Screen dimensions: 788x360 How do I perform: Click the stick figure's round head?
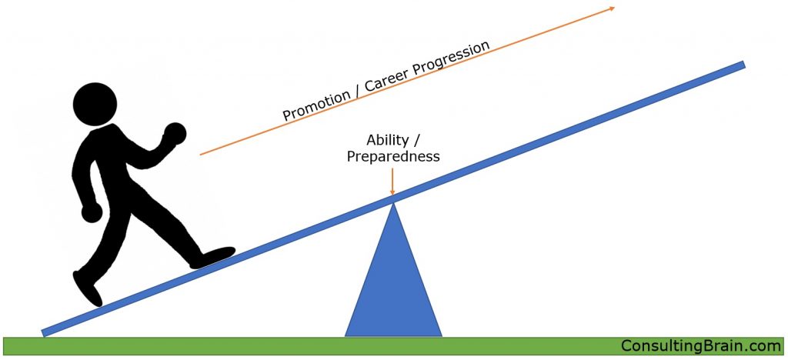95,105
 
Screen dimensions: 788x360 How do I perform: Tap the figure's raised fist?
175,134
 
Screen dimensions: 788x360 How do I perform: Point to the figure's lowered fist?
92,213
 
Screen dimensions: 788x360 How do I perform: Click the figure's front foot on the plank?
213,257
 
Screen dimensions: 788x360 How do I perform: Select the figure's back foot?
88,288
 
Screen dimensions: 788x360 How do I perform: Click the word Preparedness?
393,157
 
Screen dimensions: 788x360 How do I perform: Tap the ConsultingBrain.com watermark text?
700,346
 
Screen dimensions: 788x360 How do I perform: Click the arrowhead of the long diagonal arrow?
612,8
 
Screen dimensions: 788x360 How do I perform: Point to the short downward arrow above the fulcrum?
392,182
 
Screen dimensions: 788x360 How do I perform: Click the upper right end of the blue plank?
742,65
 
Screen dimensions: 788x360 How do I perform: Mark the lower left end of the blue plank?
44,332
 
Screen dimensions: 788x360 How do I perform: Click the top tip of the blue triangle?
393,202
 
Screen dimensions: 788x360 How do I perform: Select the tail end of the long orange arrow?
200,154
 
